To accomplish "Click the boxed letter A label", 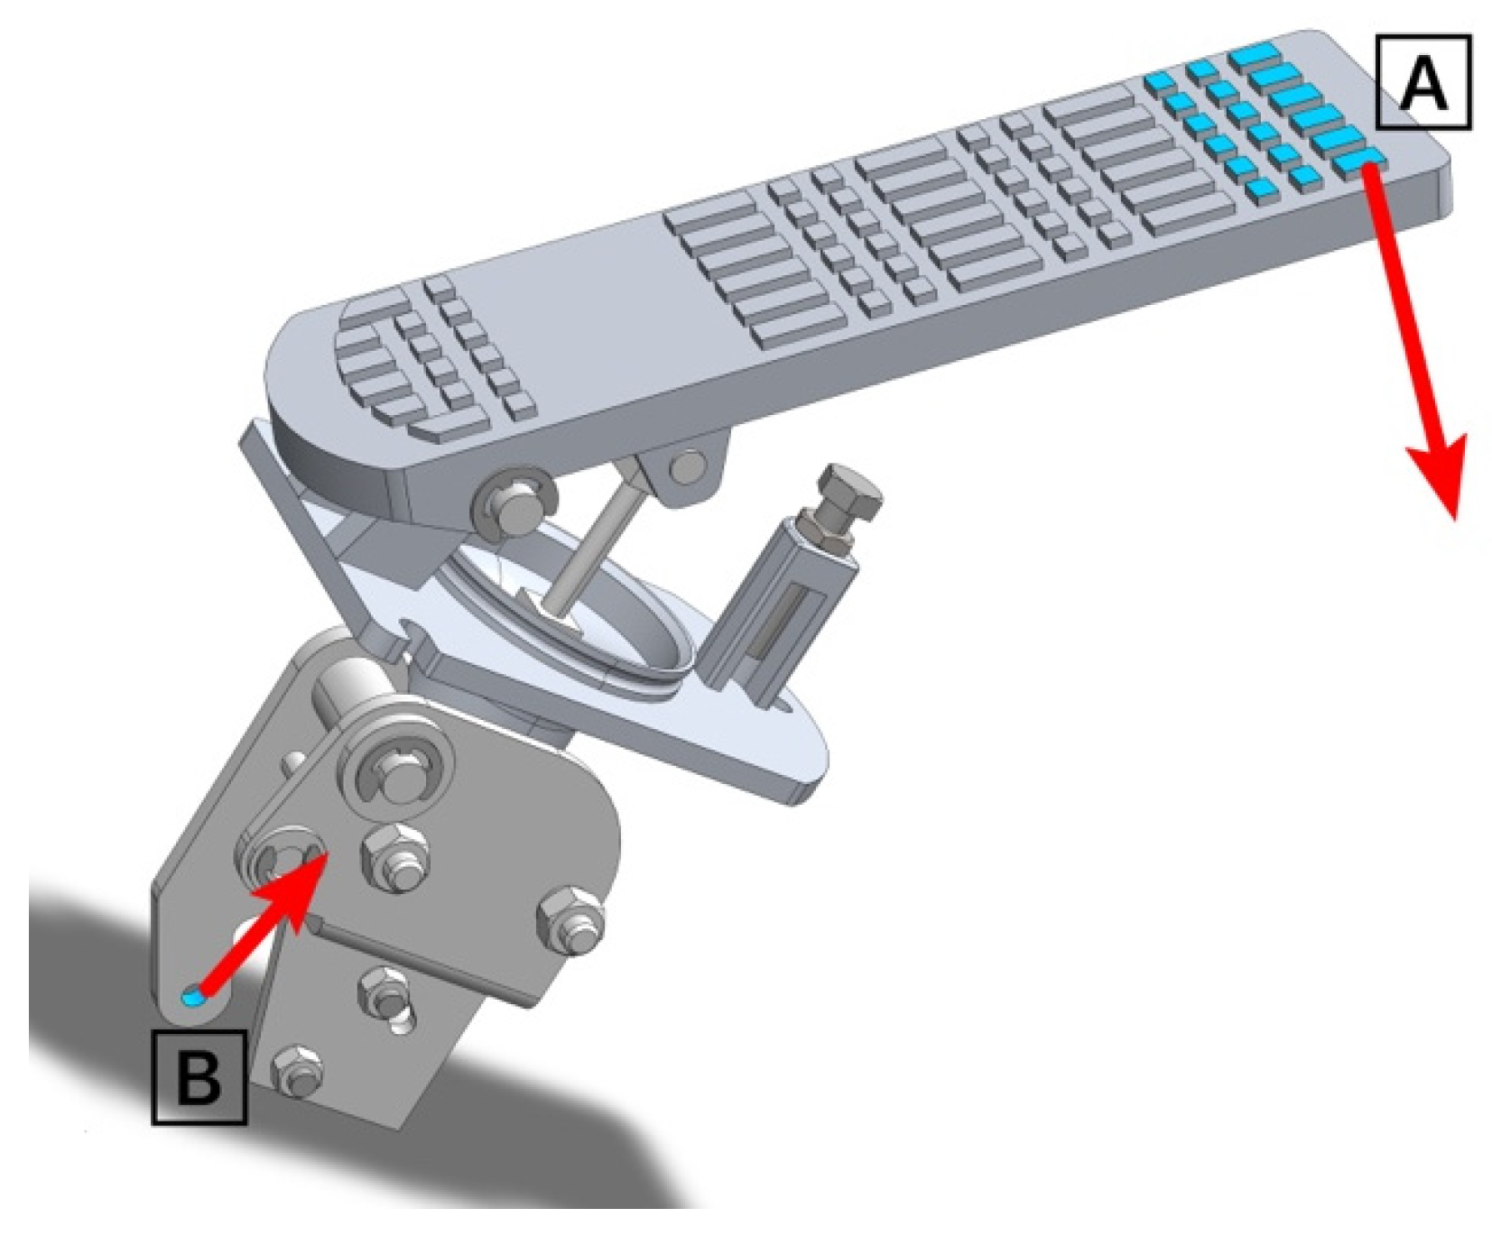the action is [1422, 82].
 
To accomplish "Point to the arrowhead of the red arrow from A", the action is [1441, 474].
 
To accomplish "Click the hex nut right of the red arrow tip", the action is [395, 857].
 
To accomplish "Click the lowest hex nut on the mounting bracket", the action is [295, 1072].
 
